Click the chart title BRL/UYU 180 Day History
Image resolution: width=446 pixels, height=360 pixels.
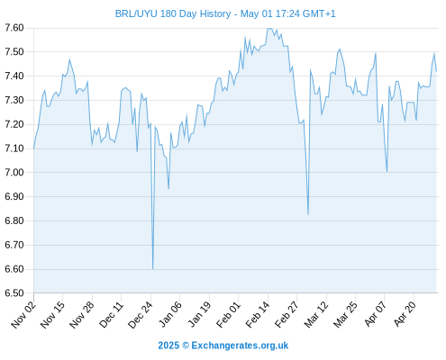click(173, 13)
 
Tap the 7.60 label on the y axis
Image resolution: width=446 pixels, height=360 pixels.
click(14, 28)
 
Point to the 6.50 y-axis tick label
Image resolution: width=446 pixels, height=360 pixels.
click(14, 293)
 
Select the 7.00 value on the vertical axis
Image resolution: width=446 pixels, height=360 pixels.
click(14, 173)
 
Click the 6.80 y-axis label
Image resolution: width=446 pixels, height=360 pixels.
click(14, 220)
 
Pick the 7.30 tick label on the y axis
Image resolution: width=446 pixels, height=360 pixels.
click(14, 100)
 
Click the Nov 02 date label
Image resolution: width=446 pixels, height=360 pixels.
click(23, 314)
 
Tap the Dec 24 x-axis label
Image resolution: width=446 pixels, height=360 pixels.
click(141, 314)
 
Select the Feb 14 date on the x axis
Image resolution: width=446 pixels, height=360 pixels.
click(258, 314)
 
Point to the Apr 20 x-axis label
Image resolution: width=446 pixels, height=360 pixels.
click(405, 314)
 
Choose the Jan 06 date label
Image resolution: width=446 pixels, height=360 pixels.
click(170, 314)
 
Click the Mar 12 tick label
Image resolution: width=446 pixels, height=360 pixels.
click(316, 314)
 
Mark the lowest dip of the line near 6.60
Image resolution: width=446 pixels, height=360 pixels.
click(152, 269)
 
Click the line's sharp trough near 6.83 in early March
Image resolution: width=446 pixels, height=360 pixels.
click(308, 214)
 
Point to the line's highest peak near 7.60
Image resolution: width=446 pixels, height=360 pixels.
click(269, 29)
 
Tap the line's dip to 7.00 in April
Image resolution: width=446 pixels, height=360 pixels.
click(387, 172)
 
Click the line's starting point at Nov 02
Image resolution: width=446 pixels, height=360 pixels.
click(33, 148)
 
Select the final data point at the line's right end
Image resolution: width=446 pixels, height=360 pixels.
click(436, 71)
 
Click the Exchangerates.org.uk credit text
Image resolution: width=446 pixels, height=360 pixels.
click(240, 346)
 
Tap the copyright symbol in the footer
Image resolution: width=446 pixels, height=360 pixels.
click(186, 346)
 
